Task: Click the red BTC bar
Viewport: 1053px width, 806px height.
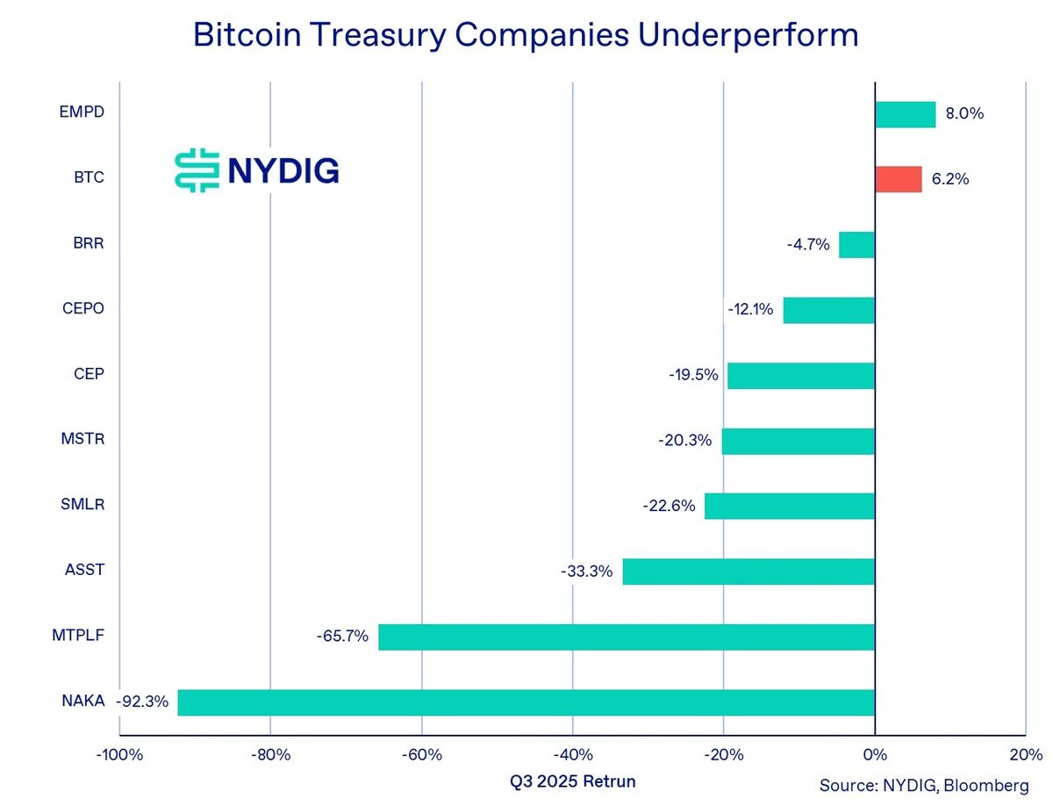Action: (x=898, y=179)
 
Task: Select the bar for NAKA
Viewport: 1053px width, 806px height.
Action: (x=526, y=702)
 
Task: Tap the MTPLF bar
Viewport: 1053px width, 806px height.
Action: (x=626, y=637)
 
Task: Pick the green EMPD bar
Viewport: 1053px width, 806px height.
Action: (x=905, y=114)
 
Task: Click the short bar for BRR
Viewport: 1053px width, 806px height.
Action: (x=856, y=245)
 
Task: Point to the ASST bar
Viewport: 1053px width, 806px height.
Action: (x=748, y=572)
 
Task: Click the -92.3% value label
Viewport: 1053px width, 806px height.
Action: (x=146, y=702)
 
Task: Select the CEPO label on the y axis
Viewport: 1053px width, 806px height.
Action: (x=84, y=309)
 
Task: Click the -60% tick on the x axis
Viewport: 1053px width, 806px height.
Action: (x=421, y=754)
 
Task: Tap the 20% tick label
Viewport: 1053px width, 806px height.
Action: (x=1026, y=754)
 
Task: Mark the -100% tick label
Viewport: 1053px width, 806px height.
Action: (x=118, y=754)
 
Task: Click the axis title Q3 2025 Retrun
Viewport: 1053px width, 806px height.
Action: (x=572, y=781)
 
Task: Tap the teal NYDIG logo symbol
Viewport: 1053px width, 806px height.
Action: (x=196, y=170)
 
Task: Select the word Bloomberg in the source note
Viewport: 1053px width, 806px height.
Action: (x=991, y=784)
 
